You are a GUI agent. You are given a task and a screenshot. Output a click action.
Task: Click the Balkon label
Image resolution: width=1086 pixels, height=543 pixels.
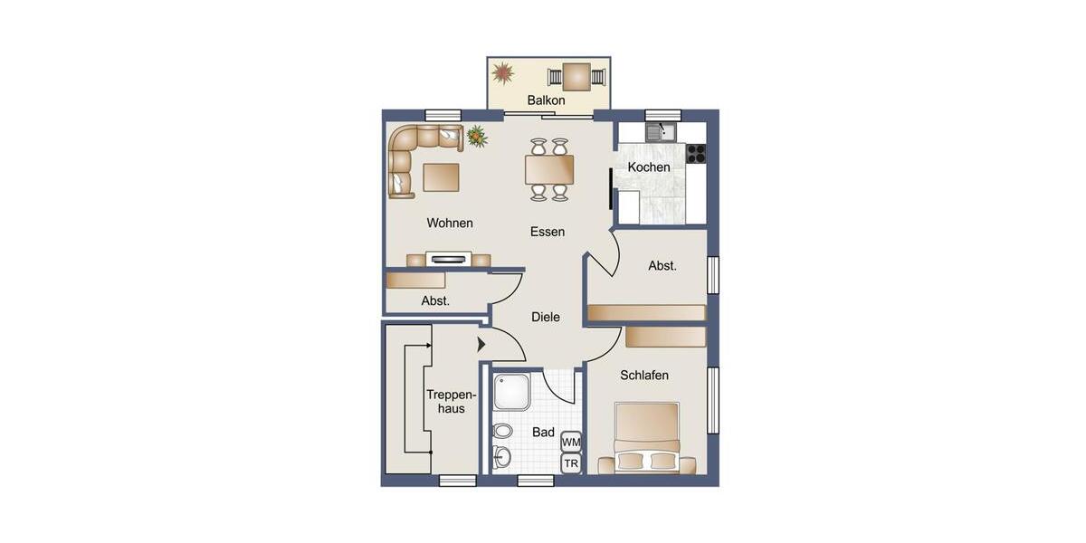click(x=546, y=100)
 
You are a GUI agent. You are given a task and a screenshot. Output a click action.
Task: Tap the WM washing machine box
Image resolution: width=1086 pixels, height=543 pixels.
click(x=571, y=442)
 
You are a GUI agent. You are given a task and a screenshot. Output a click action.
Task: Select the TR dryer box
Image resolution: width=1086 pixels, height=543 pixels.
click(x=571, y=464)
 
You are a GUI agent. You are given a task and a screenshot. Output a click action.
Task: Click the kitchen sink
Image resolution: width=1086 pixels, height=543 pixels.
click(x=662, y=132)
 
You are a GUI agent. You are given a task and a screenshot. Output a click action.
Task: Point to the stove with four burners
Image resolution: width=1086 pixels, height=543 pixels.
click(x=695, y=154)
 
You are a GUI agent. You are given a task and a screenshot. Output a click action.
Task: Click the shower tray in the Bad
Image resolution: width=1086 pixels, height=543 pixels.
click(x=511, y=392)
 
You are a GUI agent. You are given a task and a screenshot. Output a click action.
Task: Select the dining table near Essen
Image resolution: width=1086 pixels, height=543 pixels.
click(x=549, y=169)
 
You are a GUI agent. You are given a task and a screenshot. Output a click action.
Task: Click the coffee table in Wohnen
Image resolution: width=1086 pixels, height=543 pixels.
click(x=441, y=176)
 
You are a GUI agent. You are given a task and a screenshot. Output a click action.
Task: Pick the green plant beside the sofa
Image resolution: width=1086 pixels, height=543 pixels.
click(x=477, y=137)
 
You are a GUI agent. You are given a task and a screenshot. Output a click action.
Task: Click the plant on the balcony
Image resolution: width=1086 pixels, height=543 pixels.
click(x=503, y=72)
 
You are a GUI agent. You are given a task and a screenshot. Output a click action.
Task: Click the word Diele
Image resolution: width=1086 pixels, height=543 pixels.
click(x=546, y=318)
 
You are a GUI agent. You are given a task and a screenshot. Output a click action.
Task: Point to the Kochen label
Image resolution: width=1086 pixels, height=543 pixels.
click(x=649, y=167)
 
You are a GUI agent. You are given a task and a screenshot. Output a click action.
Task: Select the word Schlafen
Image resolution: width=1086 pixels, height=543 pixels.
click(x=644, y=376)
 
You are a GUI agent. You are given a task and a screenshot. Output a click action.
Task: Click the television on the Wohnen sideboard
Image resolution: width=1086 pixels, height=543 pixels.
click(x=450, y=259)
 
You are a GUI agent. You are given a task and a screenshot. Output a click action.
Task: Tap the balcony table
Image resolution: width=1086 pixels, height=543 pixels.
click(x=576, y=76)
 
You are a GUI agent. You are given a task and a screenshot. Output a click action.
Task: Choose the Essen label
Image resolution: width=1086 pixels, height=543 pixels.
click(x=548, y=232)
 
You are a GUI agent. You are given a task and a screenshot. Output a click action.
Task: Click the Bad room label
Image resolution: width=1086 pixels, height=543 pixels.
click(x=543, y=433)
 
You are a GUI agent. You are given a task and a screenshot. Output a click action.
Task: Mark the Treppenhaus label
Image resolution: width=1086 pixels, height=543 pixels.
click(x=451, y=402)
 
